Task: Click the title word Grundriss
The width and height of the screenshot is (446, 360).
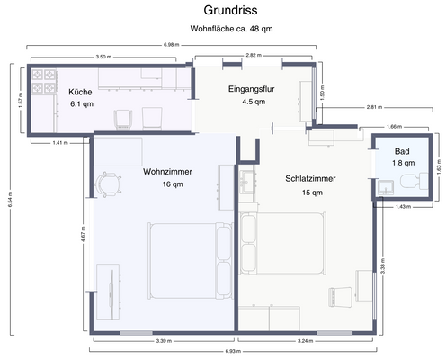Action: pyautogui.click(x=222, y=13)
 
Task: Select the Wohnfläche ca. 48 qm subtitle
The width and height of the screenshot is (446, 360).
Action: pyautogui.click(x=231, y=29)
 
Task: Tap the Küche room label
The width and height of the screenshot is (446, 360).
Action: pyautogui.click(x=80, y=92)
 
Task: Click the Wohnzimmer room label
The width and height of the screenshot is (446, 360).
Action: pyautogui.click(x=167, y=171)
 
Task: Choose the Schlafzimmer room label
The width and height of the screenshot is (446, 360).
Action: pyautogui.click(x=310, y=178)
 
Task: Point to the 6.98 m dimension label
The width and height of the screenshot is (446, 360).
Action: pyautogui.click(x=169, y=45)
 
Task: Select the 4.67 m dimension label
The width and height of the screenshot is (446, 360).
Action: pyautogui.click(x=83, y=239)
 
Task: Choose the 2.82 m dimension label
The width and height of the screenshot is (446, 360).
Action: pyautogui.click(x=254, y=56)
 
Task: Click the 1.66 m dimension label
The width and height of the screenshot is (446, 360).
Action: pyautogui.click(x=392, y=127)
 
